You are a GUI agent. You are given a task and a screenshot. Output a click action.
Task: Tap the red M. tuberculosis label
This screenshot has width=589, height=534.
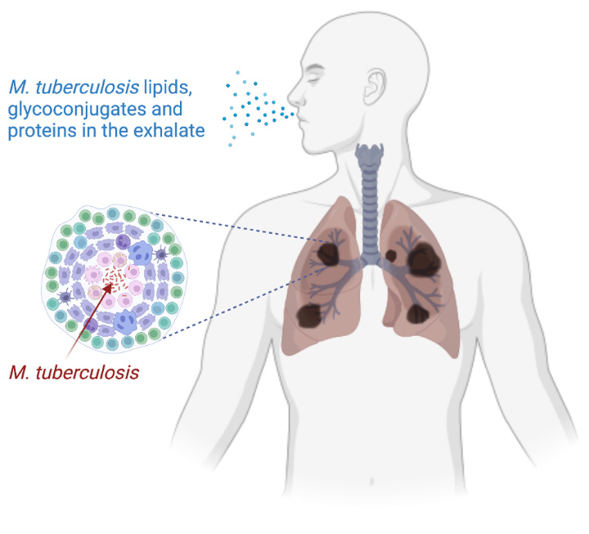coord(74,373)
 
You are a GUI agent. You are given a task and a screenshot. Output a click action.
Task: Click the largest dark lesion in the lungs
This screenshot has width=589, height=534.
coord(425,258)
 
